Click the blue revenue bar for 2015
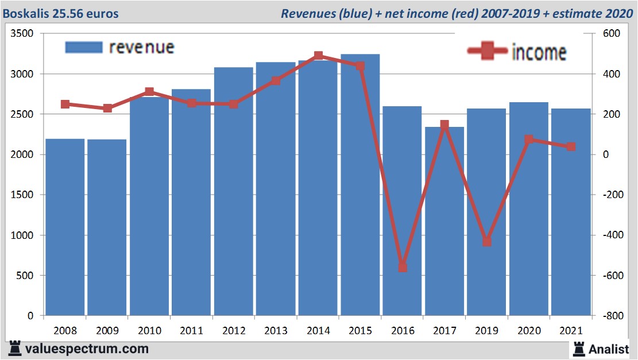(360, 189)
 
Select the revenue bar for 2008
(65, 230)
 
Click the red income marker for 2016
(403, 268)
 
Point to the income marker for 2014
(318, 56)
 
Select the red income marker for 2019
(487, 242)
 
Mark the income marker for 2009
(107, 108)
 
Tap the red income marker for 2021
(571, 146)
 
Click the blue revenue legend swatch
(84, 47)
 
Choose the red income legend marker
(488, 52)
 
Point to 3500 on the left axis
(23, 34)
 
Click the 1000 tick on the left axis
(23, 235)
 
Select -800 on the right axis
(611, 316)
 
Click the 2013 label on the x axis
(276, 331)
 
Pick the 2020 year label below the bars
(529, 331)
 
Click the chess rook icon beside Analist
(578, 349)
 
